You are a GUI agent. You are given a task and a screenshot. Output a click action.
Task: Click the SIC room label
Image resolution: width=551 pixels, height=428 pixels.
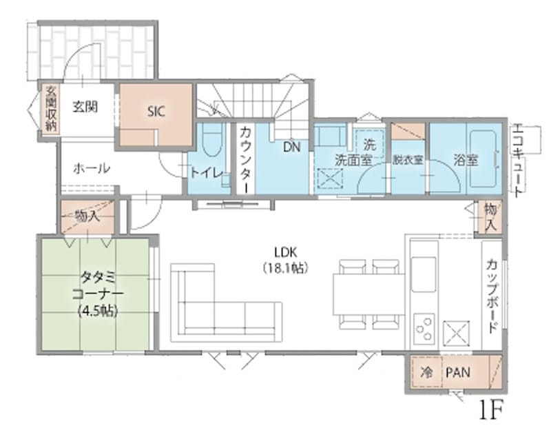pyautogui.click(x=156, y=112)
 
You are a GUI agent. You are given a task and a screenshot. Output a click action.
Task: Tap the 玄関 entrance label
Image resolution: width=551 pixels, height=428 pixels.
pyautogui.click(x=85, y=107)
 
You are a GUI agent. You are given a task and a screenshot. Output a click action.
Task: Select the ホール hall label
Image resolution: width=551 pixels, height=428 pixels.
pyautogui.click(x=92, y=169)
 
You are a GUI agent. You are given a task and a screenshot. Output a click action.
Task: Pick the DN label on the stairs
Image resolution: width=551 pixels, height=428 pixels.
pyautogui.click(x=292, y=147)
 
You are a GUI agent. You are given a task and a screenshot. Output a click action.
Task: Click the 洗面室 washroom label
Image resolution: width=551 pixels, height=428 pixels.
pyautogui.click(x=353, y=161)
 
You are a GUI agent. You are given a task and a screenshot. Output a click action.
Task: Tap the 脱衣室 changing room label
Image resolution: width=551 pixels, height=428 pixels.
pyautogui.click(x=408, y=161)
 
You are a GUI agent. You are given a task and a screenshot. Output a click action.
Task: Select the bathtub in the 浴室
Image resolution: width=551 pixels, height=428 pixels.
pyautogui.click(x=484, y=159)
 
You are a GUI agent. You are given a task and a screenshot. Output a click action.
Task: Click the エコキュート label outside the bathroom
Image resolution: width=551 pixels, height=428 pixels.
pyautogui.click(x=519, y=160)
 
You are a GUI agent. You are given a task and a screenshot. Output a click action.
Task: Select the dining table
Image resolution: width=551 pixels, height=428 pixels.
pyautogui.click(x=369, y=294)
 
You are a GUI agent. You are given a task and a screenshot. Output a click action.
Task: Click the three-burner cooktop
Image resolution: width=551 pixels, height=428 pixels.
pyautogui.click(x=424, y=329)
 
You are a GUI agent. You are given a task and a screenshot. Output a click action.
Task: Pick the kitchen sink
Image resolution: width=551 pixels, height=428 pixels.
pyautogui.click(x=424, y=274)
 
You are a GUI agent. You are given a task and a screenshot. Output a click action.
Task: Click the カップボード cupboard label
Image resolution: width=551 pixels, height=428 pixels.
pyautogui.click(x=492, y=296)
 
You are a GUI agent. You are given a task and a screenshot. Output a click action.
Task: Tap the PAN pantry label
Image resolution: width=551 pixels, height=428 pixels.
pyautogui.click(x=458, y=372)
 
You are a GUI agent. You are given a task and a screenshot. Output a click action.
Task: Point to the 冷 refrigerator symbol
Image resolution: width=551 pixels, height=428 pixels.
pyautogui.click(x=426, y=372)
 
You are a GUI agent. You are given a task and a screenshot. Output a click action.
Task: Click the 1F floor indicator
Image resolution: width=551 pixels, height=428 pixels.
pyautogui.click(x=491, y=409)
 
